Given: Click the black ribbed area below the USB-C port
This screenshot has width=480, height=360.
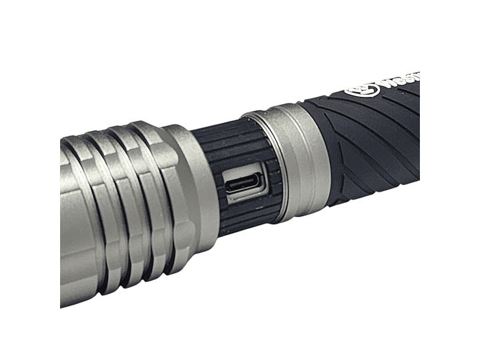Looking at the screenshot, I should [244, 217].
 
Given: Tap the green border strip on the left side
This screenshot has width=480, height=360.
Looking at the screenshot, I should [29, 180].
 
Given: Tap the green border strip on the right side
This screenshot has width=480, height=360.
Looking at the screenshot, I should [449, 180].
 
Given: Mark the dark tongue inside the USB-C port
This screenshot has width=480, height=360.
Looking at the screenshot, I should [244, 184].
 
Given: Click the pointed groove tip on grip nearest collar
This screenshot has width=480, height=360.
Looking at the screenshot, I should [337, 160].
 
